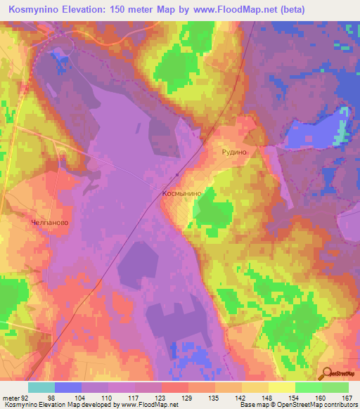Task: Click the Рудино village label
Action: pyautogui.click(x=232, y=150)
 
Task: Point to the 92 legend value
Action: pyautogui.click(x=25, y=398)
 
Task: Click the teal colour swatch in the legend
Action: pyautogui.click(x=41, y=387)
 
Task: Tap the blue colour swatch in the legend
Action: pyautogui.click(x=68, y=387)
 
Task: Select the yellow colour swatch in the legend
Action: pyautogui.click(x=281, y=387)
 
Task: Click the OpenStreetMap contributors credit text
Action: pyautogui.click(x=309, y=405)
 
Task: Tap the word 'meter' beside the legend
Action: pyautogui.click(x=10, y=398)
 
